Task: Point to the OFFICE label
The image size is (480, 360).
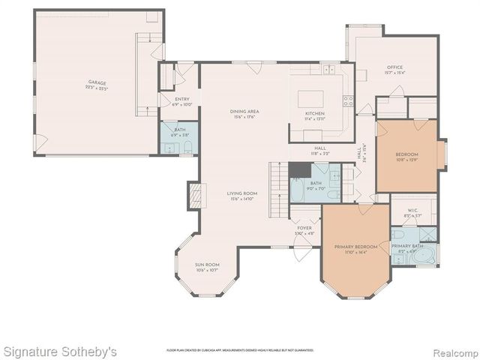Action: pos(394,67)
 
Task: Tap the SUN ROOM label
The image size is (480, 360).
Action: pos(207,265)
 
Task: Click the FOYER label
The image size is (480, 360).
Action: pos(304,228)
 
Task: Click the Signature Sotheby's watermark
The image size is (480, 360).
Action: pos(60,350)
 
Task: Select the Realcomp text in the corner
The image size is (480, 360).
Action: pos(453,350)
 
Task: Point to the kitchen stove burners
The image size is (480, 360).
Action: pos(347,100)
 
